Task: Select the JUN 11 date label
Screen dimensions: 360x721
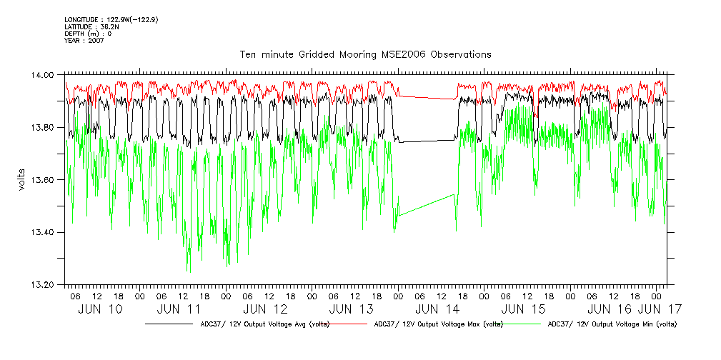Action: pos(179,309)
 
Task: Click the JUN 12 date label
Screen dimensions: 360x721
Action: pos(265,309)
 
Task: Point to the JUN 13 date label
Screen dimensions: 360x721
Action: pos(352,309)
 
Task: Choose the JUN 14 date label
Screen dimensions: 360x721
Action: pos(437,309)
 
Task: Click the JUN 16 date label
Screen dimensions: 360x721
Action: pos(610,309)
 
